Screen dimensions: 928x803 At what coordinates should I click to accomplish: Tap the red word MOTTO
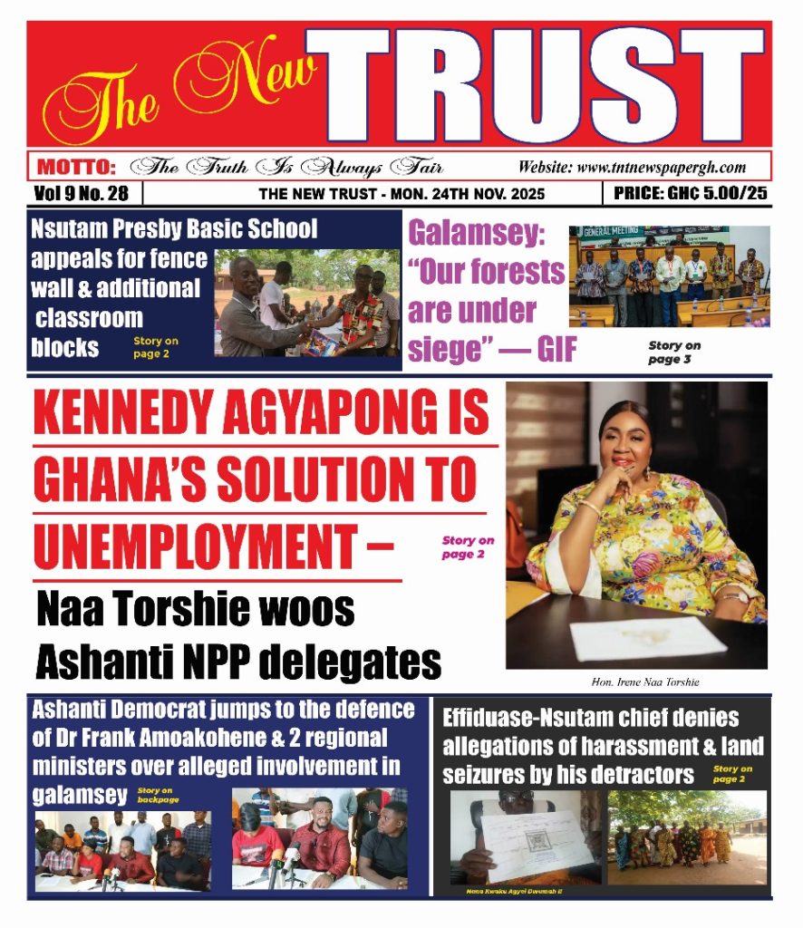point(76,167)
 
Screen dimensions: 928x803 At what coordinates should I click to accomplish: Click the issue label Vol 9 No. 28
point(82,193)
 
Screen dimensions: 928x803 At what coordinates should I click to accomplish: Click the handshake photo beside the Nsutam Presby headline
point(306,303)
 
